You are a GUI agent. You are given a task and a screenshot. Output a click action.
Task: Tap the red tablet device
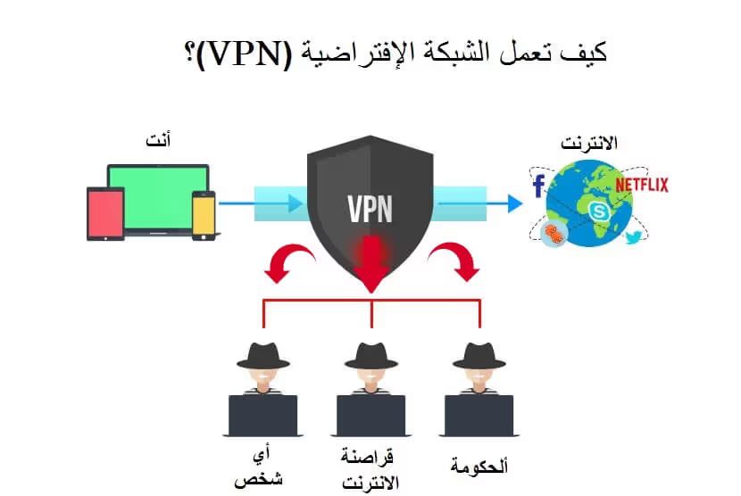pos(105,214)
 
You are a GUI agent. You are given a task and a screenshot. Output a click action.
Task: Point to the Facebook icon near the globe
pos(538,186)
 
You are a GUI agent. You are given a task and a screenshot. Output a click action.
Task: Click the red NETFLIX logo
pos(641,185)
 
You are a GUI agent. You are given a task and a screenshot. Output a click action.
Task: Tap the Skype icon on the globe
pos(597,211)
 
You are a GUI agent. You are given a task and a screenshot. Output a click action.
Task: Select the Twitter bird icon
pos(634,237)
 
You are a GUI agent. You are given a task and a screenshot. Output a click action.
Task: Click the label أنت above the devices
pos(158,140)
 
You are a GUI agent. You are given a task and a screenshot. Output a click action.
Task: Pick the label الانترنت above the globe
pos(589,143)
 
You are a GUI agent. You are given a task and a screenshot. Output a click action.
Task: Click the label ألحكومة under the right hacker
pos(479,466)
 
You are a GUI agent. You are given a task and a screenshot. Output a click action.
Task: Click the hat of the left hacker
pos(263,355)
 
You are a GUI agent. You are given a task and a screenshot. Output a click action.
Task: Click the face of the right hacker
pos(479,376)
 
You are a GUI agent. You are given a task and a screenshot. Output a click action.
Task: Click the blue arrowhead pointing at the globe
pos(515,203)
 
